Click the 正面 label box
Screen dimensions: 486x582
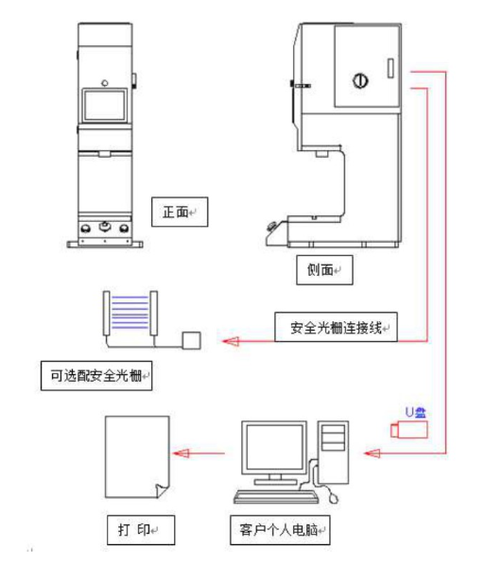[180, 212]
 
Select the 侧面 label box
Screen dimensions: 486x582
[324, 270]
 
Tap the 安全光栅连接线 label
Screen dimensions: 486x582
[336, 327]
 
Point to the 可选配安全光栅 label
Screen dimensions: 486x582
[96, 376]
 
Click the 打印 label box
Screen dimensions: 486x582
[141, 530]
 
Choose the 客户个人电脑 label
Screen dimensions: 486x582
[280, 530]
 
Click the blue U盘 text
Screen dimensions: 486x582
[415, 412]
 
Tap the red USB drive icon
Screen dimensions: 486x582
[408, 430]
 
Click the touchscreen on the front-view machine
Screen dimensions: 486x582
[105, 106]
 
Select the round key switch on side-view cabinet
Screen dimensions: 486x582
[360, 80]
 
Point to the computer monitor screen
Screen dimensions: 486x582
[274, 448]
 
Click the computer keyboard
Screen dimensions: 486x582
[276, 497]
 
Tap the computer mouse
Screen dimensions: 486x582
[334, 498]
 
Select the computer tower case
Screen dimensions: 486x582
[333, 453]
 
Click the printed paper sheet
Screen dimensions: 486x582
[137, 457]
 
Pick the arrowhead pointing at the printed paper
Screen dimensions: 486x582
[181, 454]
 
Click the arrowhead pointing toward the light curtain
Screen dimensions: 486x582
[231, 341]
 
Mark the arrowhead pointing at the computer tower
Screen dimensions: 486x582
[372, 454]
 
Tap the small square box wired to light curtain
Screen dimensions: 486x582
[191, 340]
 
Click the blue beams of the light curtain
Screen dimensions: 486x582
[130, 312]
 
